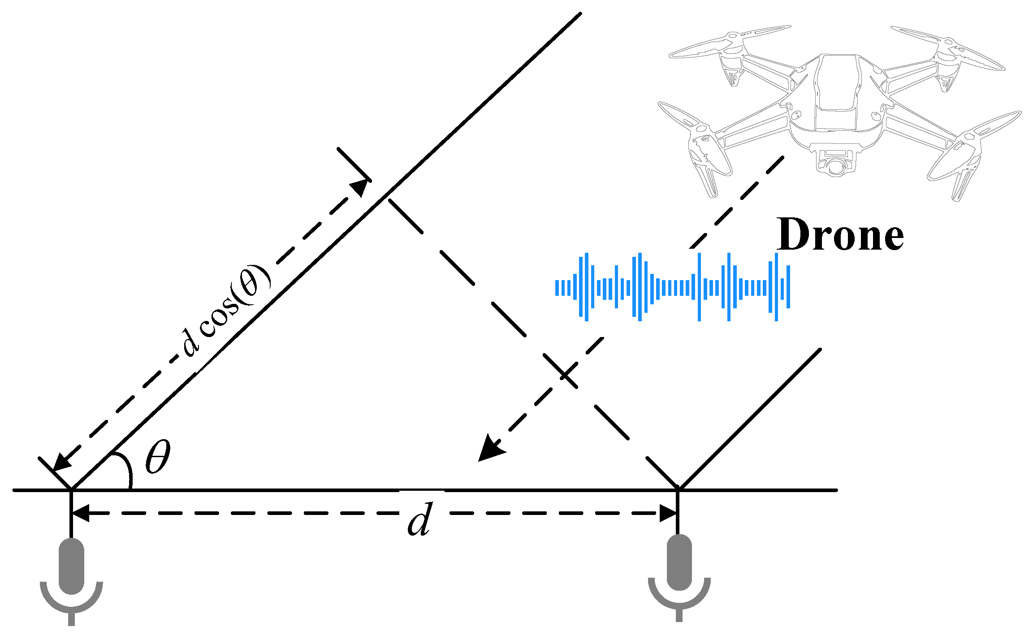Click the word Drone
point(840,235)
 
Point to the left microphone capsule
point(72,566)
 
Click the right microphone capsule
point(679,562)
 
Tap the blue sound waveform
point(672,287)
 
